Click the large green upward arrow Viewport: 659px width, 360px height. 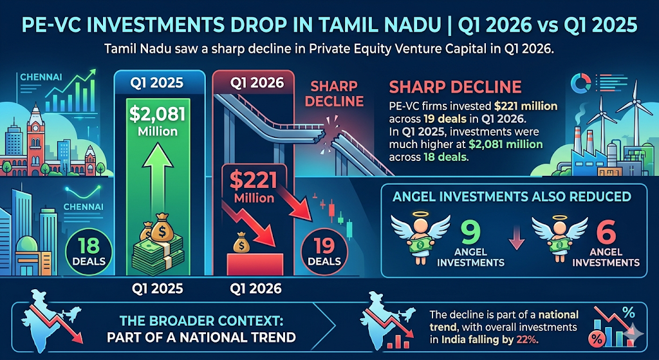[158, 187]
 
